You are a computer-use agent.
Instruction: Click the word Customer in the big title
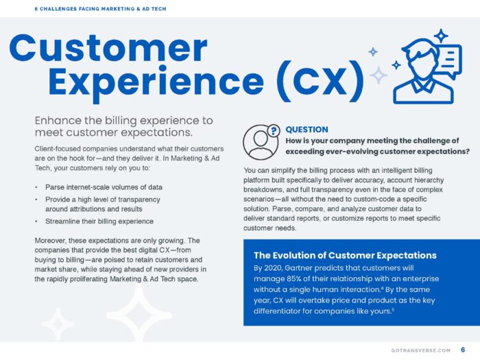pos(108,48)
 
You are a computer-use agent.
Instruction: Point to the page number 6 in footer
pos(463,350)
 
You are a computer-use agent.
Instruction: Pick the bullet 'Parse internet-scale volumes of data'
pos(104,187)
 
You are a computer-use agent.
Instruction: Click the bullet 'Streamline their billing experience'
pos(99,221)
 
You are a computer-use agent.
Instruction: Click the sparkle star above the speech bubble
pos(440,35)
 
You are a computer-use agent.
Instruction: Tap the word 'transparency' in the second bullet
pos(152,199)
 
